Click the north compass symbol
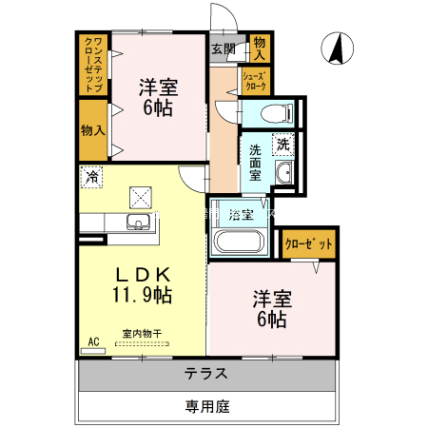pos(337,49)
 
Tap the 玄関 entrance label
pos(224,49)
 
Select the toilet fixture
pos(277,113)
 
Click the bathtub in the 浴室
pos(239,242)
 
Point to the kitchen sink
pos(139,222)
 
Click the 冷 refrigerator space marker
pos(91,177)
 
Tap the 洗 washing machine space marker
pos(283,145)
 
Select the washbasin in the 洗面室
pos(284,172)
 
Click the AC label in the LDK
pos(93,341)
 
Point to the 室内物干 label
pos(142,334)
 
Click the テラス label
pos(206,374)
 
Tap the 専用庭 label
pos(207,406)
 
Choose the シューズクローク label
pos(255,81)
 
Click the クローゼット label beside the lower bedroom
pos(308,243)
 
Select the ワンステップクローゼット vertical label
pos(93,65)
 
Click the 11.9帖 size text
pos(143,295)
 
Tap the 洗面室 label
pos(255,163)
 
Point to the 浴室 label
pos(241,215)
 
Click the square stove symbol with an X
pos(141,198)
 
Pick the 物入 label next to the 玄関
pos(260,49)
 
